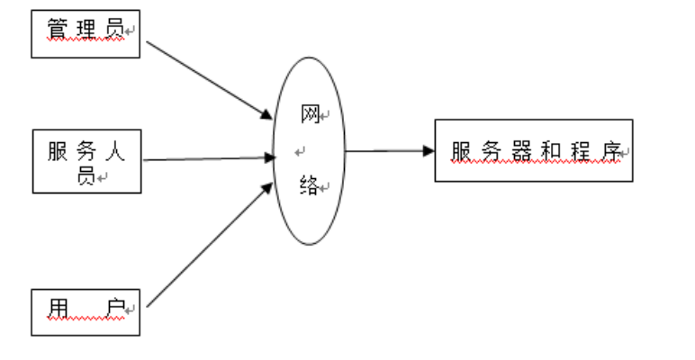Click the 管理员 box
tap(86, 34)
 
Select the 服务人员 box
tap(86, 161)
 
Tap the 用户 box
tap(86, 311)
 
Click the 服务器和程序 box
tap(533, 150)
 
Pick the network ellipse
tap(309, 150)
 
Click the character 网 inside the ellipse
tap(309, 114)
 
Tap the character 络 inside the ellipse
tap(308, 186)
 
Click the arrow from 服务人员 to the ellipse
tap(207, 159)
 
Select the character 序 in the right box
tap(612, 150)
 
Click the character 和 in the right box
tap(552, 150)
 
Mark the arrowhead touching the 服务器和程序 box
tap(429, 150)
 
